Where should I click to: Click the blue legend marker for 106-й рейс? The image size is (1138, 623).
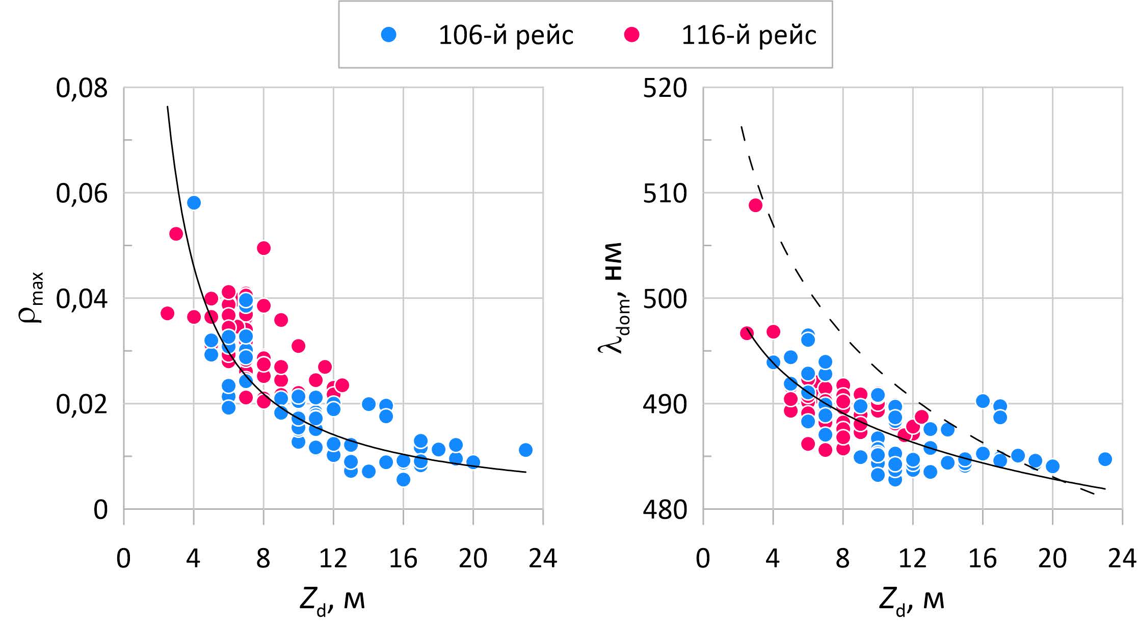click(388, 35)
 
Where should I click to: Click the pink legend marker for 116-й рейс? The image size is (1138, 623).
click(631, 35)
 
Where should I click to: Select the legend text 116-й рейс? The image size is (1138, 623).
click(749, 35)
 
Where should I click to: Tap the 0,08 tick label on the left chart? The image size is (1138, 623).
click(82, 88)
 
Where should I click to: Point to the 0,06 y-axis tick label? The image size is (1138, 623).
click(82, 194)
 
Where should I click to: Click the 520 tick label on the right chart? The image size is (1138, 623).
click(665, 88)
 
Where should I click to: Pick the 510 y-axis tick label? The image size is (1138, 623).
click(665, 194)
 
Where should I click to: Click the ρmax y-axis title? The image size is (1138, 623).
click(32, 298)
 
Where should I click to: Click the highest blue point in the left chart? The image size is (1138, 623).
click(194, 203)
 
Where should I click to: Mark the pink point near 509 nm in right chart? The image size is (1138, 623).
click(755, 205)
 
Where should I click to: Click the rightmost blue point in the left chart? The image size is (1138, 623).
click(525, 450)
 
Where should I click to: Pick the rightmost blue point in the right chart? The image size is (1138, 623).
click(1105, 459)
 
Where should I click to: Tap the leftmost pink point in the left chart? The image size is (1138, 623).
click(167, 313)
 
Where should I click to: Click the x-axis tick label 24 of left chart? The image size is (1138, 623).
click(543, 559)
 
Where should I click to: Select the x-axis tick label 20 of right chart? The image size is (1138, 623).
click(1052, 559)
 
